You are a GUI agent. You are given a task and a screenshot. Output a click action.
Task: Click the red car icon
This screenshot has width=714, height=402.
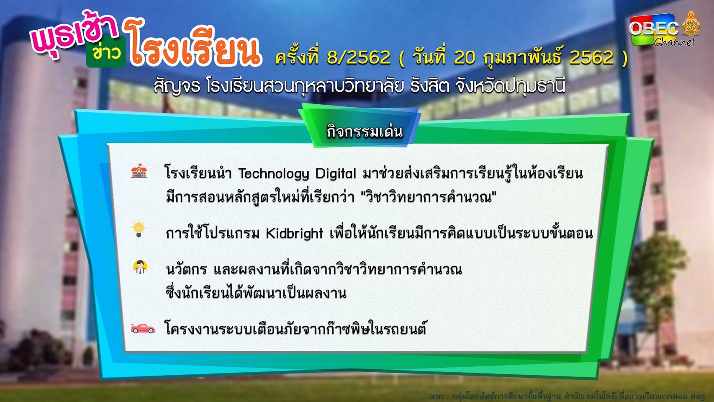[x=143, y=328]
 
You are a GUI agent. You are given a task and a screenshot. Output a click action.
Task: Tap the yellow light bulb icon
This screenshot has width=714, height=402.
[x=139, y=229]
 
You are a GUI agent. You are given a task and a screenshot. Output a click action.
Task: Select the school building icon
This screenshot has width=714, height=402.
[x=139, y=171]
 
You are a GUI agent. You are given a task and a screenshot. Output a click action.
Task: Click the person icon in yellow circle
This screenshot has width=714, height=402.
[x=140, y=267]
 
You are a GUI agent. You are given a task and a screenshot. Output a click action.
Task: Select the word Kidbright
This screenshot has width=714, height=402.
[x=295, y=234]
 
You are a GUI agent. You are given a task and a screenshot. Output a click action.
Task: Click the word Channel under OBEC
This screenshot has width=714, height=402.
[x=673, y=42]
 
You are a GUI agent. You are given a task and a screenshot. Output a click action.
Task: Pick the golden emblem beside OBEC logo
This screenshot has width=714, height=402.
[x=691, y=23]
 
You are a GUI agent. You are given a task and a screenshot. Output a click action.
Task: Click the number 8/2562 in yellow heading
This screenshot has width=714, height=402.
[x=359, y=57]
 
